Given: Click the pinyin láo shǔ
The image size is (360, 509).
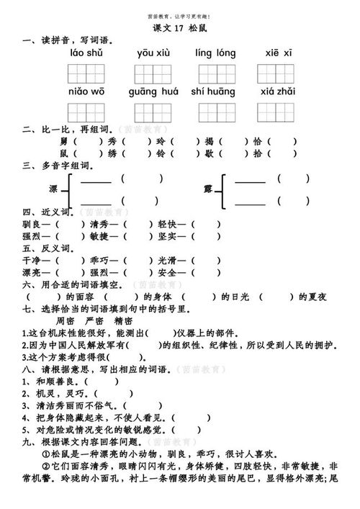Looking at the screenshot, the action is [86, 53].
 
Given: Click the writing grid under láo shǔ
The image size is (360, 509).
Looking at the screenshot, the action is [86, 73].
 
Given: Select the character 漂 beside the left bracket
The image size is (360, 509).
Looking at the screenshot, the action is [53, 189].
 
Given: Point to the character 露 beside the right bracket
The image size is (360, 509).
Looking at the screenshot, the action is [209, 189].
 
